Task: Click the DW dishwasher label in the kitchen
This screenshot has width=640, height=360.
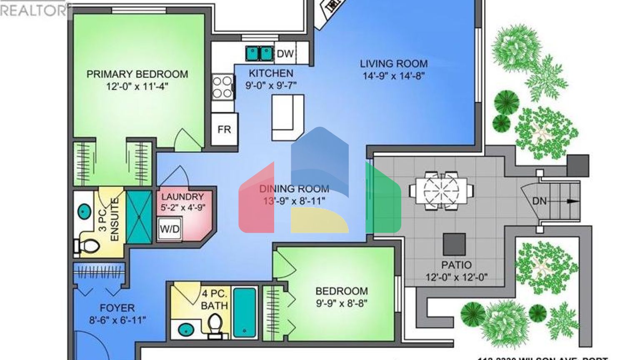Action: tap(285, 53)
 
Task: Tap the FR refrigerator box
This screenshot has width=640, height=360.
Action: tap(224, 130)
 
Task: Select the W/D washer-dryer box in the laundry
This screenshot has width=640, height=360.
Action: tap(170, 229)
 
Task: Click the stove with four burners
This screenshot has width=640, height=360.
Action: tap(222, 87)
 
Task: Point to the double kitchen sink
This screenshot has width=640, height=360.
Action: tap(259, 53)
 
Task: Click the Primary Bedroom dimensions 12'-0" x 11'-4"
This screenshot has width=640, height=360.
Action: tap(137, 87)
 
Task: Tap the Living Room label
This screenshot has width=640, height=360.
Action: tap(393, 64)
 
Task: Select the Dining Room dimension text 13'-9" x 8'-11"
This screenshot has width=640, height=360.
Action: tap(294, 201)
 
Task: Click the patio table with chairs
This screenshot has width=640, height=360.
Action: tap(441, 190)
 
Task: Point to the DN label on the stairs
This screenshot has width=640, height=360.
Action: tap(539, 201)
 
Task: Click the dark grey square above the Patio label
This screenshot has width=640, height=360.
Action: tap(454, 244)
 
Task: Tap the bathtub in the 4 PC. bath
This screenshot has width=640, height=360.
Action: tap(244, 312)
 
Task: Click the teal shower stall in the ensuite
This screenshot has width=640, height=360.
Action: tap(139, 217)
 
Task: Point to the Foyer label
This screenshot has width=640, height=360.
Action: tap(117, 308)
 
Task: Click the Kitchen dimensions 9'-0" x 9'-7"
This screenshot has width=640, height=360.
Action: tap(271, 85)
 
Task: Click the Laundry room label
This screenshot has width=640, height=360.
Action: tap(182, 197)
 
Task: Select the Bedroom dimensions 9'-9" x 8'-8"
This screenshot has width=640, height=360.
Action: tap(341, 303)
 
